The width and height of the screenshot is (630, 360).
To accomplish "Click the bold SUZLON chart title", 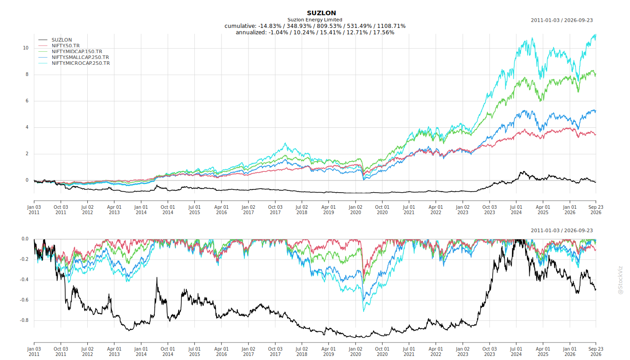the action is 321,13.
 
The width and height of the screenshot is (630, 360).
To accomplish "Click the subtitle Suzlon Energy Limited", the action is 315,20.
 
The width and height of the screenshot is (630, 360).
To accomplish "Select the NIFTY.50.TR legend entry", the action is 66,45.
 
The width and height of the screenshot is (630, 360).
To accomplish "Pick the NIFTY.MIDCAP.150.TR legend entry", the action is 77,51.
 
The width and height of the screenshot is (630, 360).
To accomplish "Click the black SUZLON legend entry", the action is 62,40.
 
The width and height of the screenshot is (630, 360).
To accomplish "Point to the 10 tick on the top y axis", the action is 26,48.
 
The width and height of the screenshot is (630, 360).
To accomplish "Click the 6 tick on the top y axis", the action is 27,101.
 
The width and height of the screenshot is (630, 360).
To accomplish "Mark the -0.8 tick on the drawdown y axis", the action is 24,320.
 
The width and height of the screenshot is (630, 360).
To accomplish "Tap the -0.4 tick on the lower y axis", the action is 24,279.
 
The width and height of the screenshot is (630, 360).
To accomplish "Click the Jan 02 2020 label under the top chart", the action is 355,210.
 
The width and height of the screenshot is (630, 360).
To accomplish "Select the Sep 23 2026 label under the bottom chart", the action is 596,351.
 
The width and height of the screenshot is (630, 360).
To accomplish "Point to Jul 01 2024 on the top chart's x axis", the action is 517,210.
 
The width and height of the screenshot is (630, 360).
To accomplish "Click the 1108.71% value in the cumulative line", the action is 391,26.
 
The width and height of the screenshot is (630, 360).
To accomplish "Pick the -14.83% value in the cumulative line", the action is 270,26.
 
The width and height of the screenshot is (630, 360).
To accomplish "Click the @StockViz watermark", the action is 620,280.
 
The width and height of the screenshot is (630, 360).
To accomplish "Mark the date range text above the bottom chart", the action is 562,230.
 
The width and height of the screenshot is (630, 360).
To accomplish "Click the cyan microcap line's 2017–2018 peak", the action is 285,143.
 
